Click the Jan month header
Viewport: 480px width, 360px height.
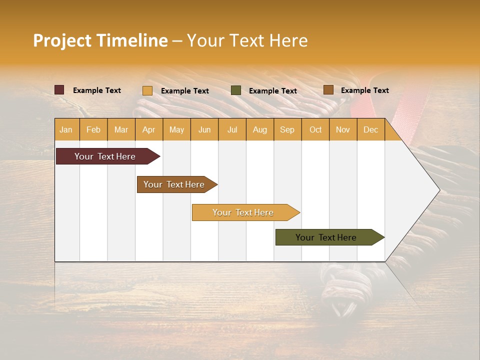66,129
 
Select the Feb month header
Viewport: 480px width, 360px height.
93,129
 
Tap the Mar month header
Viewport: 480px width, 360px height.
121,129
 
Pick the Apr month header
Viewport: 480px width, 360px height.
148,129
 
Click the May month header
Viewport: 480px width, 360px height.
176,129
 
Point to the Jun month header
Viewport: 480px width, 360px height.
204,129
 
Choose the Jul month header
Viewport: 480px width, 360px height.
232,129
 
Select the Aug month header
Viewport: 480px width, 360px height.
259,129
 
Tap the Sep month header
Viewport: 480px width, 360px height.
287,129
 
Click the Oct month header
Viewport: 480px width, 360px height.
315,129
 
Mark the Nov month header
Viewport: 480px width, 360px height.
342,129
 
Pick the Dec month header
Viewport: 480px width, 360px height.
370,129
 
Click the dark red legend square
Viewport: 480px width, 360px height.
59,90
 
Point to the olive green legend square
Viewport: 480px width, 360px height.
236,90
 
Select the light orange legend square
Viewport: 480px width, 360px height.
147,90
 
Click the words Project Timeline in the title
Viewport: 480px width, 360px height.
100,40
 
